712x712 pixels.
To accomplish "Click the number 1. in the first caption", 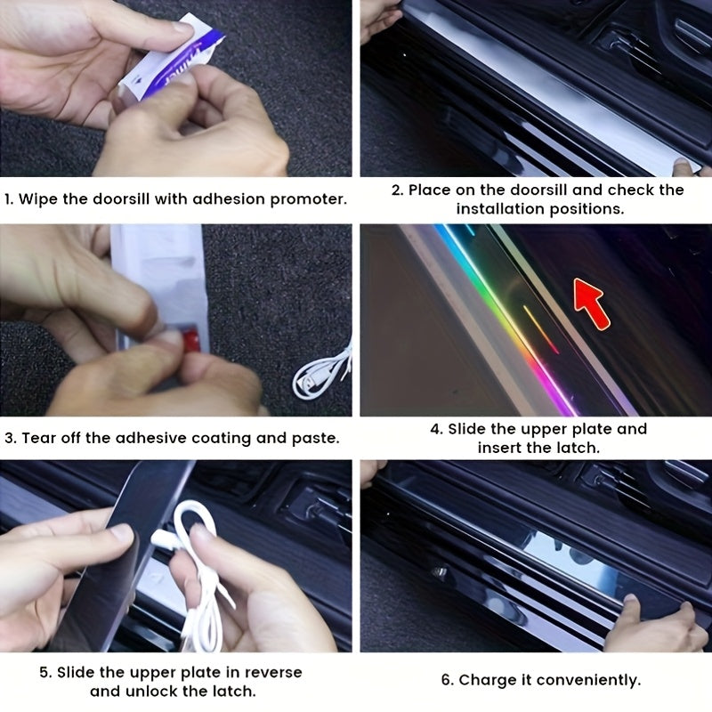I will click(10, 199).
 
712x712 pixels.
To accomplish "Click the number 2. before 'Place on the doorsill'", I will click(396, 190).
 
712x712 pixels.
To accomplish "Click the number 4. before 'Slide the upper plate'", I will click(436, 429).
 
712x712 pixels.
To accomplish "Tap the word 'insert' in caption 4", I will click(504, 448).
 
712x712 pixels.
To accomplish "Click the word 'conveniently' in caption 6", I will click(591, 681).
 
